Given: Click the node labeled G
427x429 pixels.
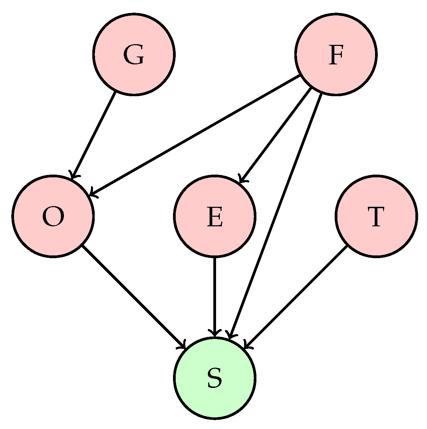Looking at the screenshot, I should tap(134, 54).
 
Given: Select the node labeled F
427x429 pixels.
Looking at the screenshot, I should tap(336, 54).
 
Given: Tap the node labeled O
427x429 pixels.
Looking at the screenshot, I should tap(53, 216).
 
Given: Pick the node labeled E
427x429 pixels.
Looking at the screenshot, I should tap(215, 216).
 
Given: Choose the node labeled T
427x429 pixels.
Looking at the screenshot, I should tap(376, 216).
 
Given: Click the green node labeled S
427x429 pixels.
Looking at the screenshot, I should tap(215, 378).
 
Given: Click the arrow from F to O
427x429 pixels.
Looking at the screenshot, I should tap(195, 136).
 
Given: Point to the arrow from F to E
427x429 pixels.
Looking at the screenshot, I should tap(275, 135).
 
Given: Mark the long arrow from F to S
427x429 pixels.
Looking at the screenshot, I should tap(276, 216).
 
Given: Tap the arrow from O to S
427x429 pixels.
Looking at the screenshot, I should tap(134, 297).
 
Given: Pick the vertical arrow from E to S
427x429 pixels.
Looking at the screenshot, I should tap(215, 296).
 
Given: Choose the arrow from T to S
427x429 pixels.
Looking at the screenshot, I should tap(296, 297).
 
